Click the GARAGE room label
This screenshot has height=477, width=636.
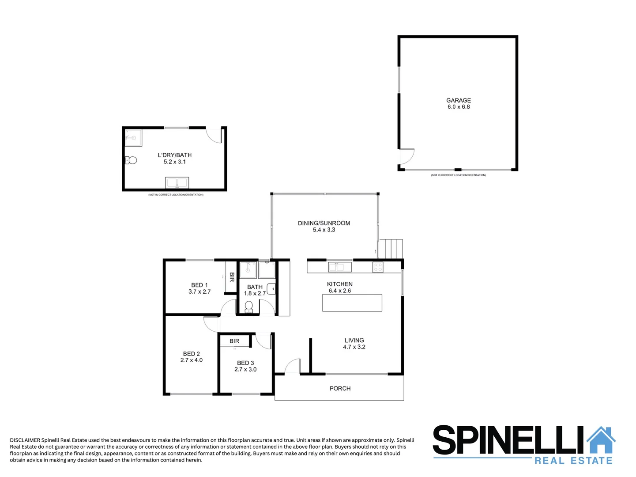point(458,100)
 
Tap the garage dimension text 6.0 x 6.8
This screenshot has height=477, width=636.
point(458,107)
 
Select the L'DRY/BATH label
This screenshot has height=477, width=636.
point(175,155)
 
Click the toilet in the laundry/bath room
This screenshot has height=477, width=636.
point(131,160)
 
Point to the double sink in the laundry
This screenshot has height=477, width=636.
point(177,182)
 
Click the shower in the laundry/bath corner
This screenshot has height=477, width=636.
point(133,137)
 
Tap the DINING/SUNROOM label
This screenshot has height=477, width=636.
point(324,223)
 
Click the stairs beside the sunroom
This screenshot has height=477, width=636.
point(391,249)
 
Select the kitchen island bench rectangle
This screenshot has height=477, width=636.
point(352,303)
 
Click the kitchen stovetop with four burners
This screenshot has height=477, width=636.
point(378,267)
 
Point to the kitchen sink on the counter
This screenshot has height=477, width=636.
point(340,267)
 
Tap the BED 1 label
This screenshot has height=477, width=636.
point(199,285)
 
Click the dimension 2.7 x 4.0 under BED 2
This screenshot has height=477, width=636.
point(191,360)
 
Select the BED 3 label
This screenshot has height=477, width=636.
point(245,363)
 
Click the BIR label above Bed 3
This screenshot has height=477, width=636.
point(234,341)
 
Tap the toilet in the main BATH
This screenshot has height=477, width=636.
point(248,306)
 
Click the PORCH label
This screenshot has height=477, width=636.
point(340,388)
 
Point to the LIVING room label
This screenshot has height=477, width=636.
point(354,340)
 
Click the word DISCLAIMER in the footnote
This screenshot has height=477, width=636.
point(25,440)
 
